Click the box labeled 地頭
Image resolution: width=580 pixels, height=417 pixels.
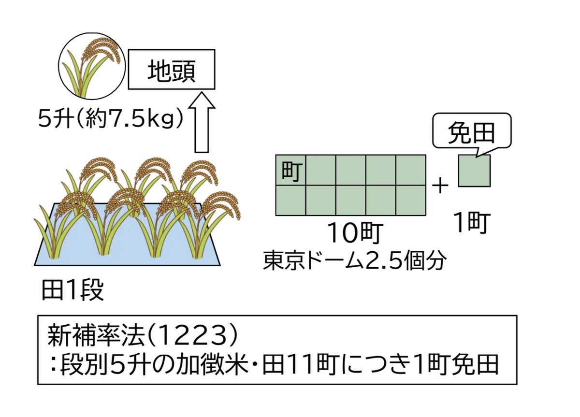tap(172, 70)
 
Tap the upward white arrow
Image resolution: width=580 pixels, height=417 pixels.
tap(202, 122)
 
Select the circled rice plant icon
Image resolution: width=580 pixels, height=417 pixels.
tap(92, 66)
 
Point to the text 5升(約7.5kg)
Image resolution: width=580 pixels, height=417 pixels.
tap(111, 119)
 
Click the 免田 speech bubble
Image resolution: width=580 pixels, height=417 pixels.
tap(472, 131)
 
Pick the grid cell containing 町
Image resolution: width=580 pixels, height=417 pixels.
tap(291, 170)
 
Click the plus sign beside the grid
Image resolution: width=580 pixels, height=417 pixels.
tap(440, 186)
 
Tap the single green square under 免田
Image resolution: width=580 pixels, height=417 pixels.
tap(474, 171)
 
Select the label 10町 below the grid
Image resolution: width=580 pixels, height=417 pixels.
tap(355, 233)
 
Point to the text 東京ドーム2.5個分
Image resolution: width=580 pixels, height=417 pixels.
tap(355, 260)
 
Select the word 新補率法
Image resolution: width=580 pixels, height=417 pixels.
tap(96, 336)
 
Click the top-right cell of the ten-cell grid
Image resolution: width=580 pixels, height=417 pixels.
tap(411, 170)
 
